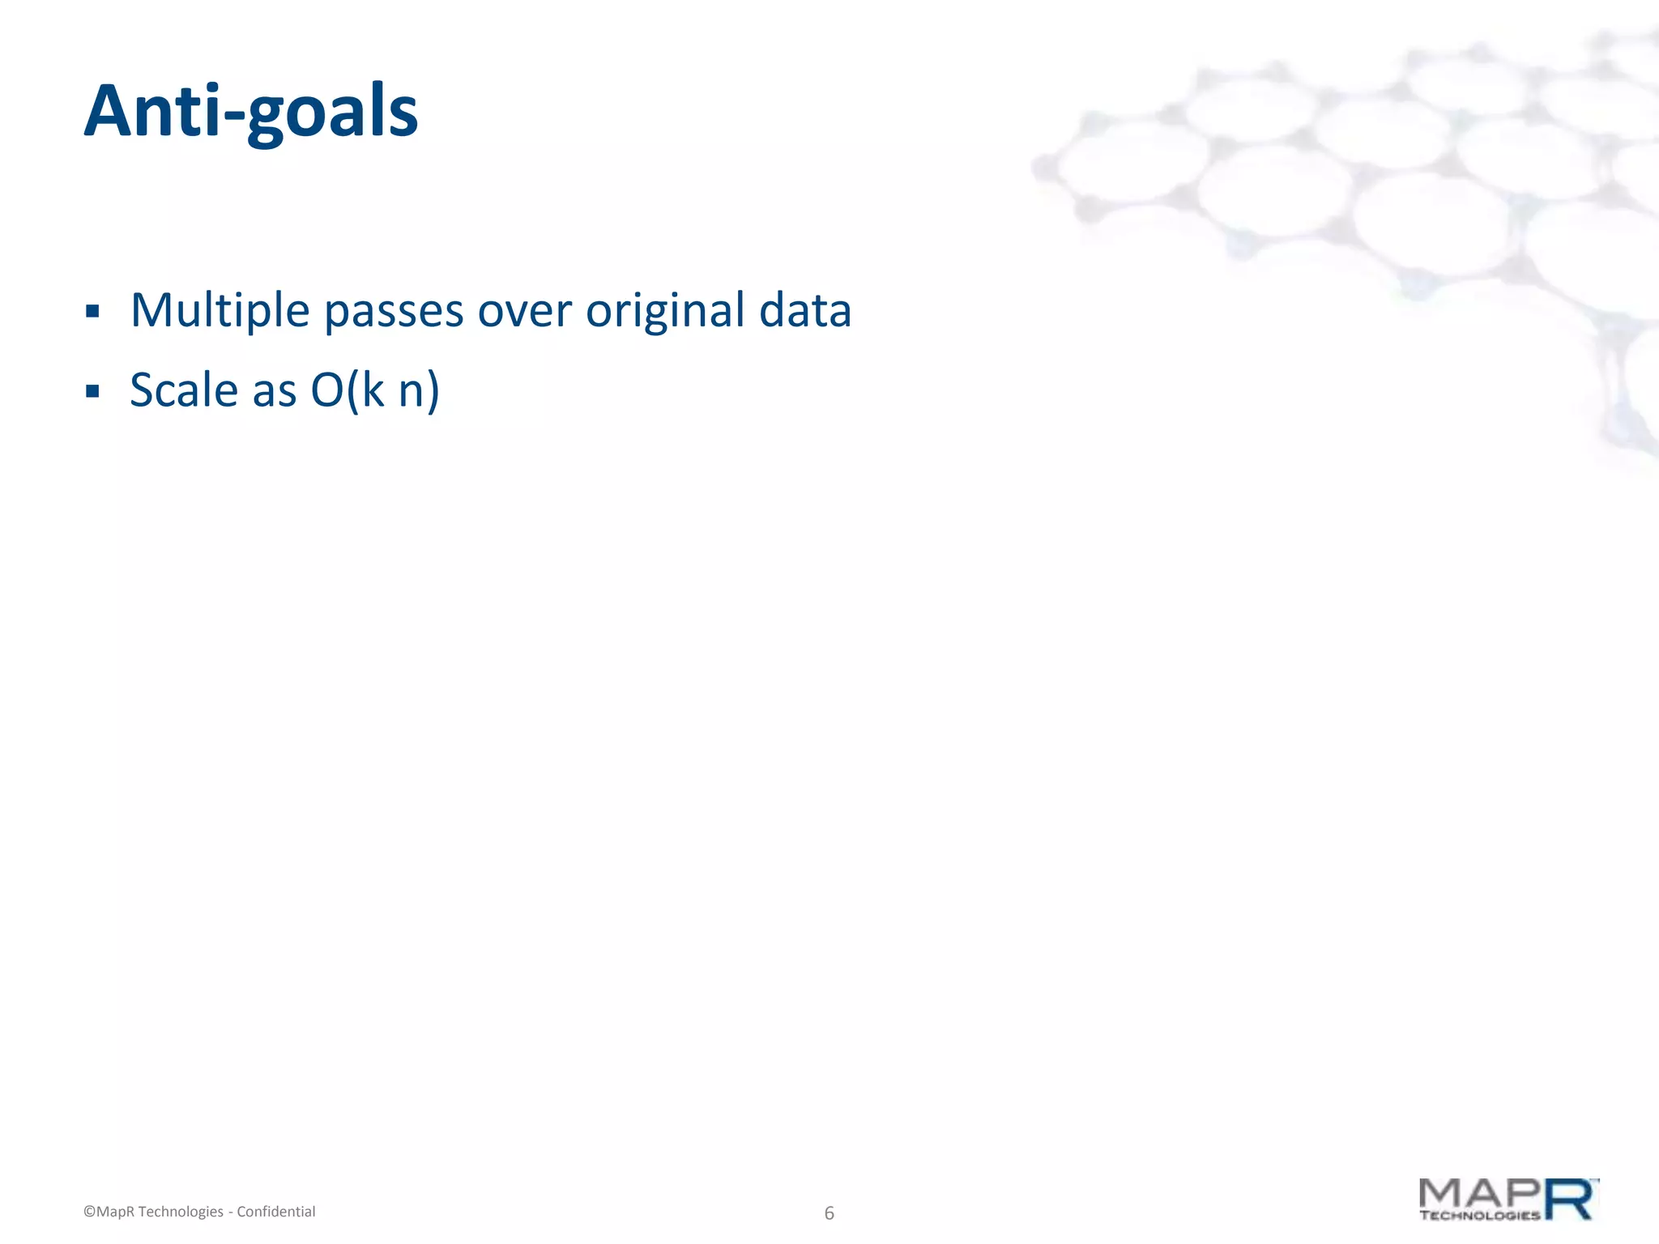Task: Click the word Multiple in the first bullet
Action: tap(220, 311)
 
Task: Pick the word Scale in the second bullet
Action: tap(184, 390)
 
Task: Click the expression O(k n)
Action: tap(375, 391)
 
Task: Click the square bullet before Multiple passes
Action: tap(92, 312)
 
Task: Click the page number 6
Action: tap(829, 1212)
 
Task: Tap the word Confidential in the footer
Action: tap(275, 1212)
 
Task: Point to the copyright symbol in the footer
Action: tap(89, 1212)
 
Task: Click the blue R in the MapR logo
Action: tap(1570, 1199)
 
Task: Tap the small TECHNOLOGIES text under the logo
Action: tap(1479, 1215)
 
